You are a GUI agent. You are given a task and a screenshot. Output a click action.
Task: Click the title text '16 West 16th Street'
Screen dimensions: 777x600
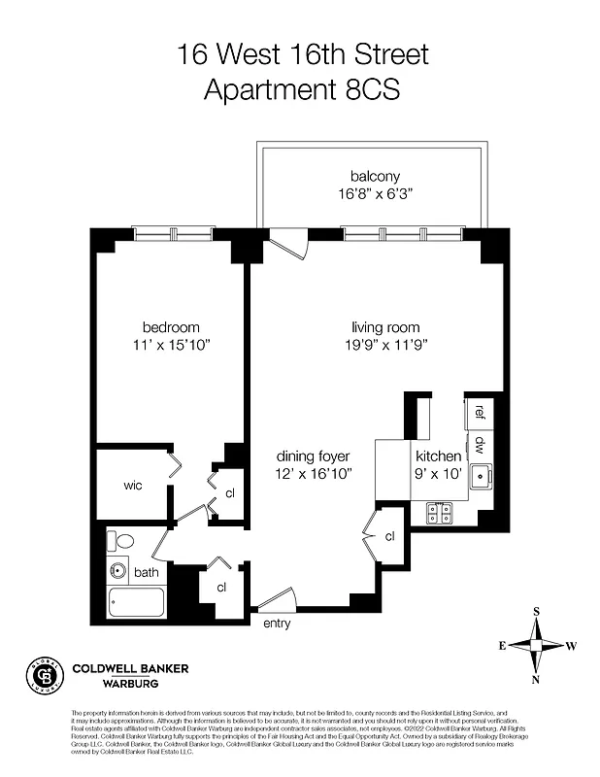click(302, 53)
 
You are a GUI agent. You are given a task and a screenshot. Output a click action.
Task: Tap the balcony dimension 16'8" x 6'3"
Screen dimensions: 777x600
click(375, 193)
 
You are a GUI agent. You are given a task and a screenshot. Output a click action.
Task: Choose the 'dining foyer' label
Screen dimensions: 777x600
click(313, 456)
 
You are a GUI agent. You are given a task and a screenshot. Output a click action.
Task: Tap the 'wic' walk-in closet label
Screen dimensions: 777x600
click(133, 485)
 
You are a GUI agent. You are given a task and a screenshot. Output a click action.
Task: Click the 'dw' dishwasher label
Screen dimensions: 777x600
click(481, 445)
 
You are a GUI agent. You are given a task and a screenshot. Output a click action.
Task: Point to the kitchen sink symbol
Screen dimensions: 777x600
click(480, 477)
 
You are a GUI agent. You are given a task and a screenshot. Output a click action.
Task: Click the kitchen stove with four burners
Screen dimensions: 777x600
click(439, 513)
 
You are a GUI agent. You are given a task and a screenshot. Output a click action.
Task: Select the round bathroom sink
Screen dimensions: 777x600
click(118, 571)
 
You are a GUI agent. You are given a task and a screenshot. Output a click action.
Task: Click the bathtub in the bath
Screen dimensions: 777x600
click(138, 604)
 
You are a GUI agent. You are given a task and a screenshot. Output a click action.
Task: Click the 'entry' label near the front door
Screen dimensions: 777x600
click(277, 624)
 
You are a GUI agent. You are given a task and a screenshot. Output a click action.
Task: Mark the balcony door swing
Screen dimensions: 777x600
click(289, 243)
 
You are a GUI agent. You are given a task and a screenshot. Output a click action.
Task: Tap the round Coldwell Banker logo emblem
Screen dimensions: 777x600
click(42, 674)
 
